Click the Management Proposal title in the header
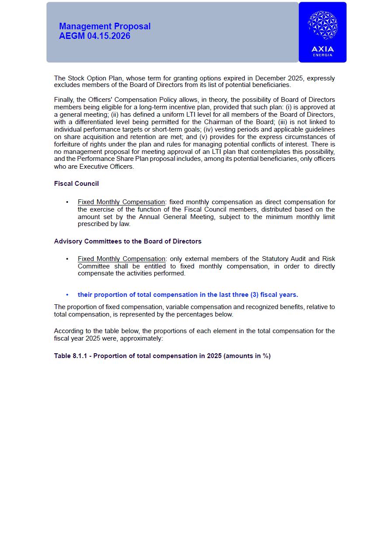tap(105, 26)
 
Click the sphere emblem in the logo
tap(323, 25)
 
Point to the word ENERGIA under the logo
tap(323, 55)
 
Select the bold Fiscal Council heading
tap(76, 184)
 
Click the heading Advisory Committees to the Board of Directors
tap(128, 241)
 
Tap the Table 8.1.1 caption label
tap(72, 356)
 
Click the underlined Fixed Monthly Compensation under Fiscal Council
tap(122, 202)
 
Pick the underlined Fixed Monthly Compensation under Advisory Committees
tap(122, 259)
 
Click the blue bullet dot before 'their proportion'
tap(67, 295)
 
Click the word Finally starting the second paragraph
tap(64, 100)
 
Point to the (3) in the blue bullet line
tap(254, 295)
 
